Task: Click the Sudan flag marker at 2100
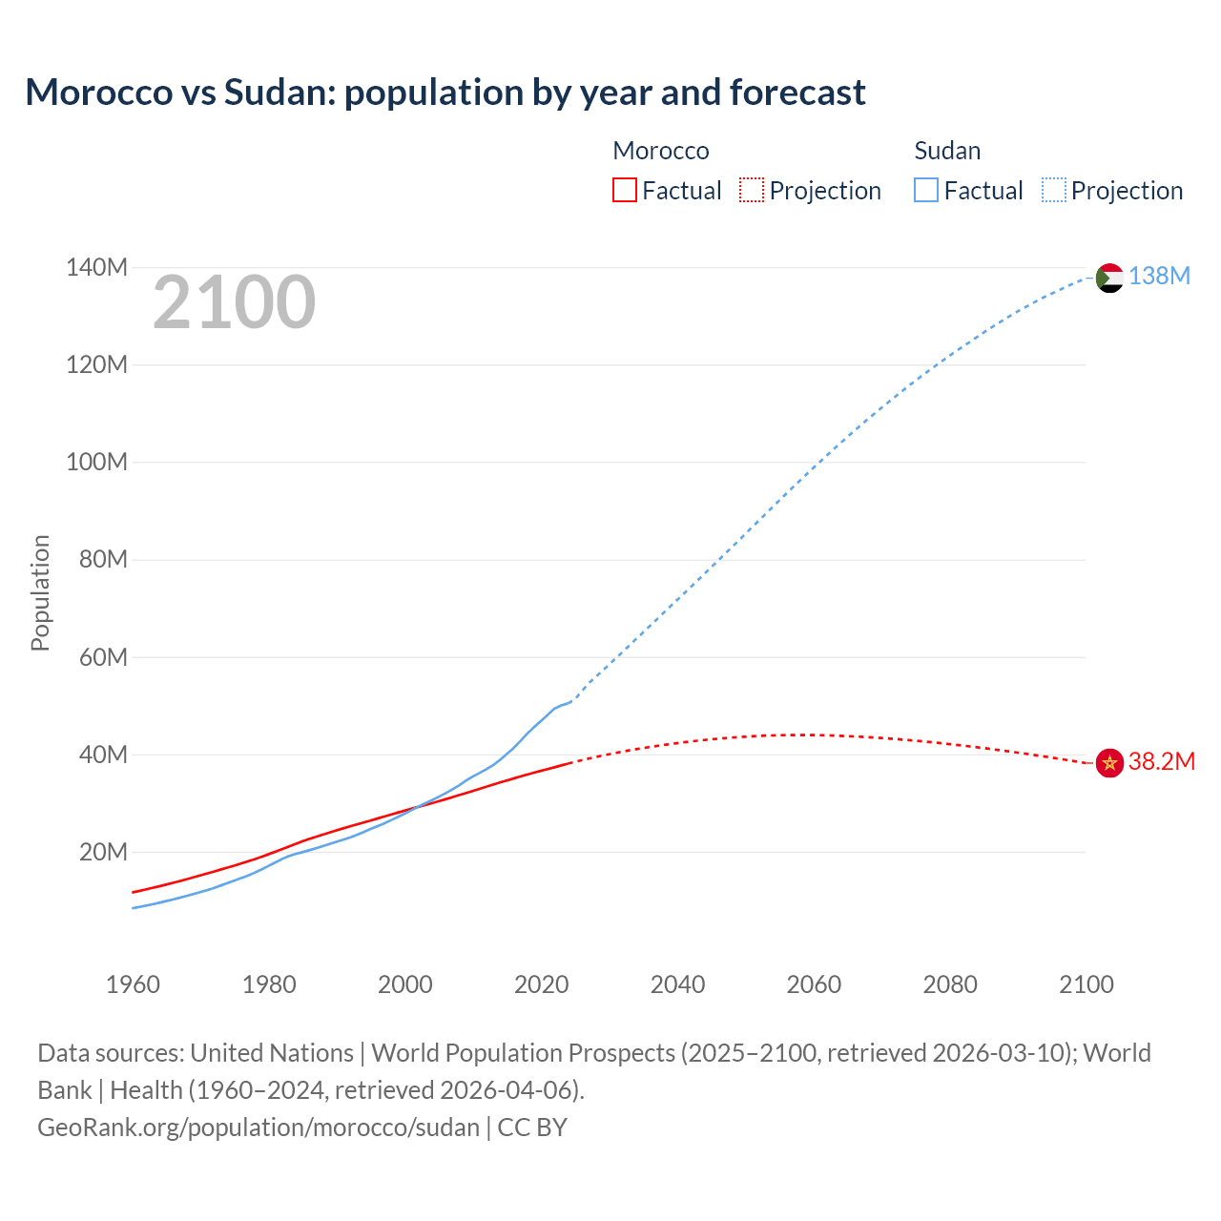pyautogui.click(x=1109, y=278)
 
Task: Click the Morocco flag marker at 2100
pyautogui.click(x=1109, y=763)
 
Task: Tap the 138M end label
pyautogui.click(x=1159, y=276)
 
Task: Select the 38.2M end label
pyautogui.click(x=1161, y=761)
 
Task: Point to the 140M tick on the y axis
pyautogui.click(x=96, y=267)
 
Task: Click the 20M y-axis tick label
pyautogui.click(x=103, y=852)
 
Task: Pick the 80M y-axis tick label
pyautogui.click(x=103, y=559)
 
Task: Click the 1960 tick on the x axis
pyautogui.click(x=133, y=984)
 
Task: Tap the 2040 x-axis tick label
pyautogui.click(x=677, y=984)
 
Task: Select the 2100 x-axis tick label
pyautogui.click(x=1086, y=984)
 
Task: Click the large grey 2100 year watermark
pyautogui.click(x=234, y=302)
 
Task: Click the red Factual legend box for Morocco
pyautogui.click(x=624, y=190)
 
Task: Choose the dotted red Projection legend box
pyautogui.click(x=752, y=190)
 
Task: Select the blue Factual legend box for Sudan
pyautogui.click(x=925, y=190)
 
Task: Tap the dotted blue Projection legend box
pyautogui.click(x=1053, y=190)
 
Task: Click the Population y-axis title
pyautogui.click(x=40, y=592)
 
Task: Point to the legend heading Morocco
pyautogui.click(x=660, y=151)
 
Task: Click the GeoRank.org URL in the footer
pyautogui.click(x=259, y=1127)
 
